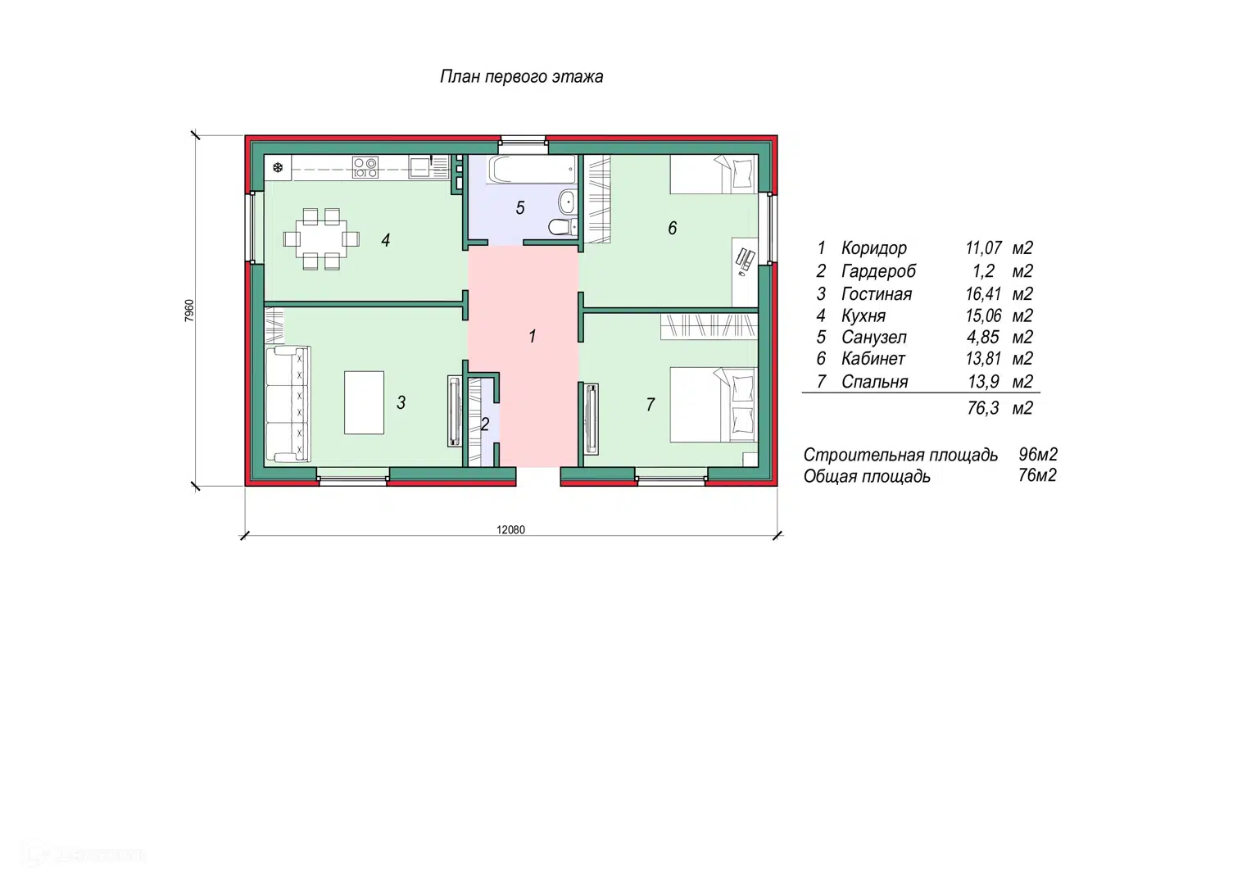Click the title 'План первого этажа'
[522, 76]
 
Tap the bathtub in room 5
[533, 170]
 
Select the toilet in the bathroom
[560, 227]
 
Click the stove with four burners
[365, 168]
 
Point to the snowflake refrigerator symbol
[278, 168]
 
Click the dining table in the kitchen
[321, 239]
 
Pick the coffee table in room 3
[364, 402]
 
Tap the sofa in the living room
[288, 404]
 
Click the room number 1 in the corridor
[533, 336]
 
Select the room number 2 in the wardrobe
[485, 424]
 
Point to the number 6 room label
[673, 228]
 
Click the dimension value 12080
[511, 529]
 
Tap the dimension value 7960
[190, 311]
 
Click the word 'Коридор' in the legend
[874, 248]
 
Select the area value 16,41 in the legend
[983, 294]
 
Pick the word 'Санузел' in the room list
[874, 338]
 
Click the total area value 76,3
[983, 408]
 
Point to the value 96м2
[1038, 455]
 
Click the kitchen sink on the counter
[419, 167]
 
